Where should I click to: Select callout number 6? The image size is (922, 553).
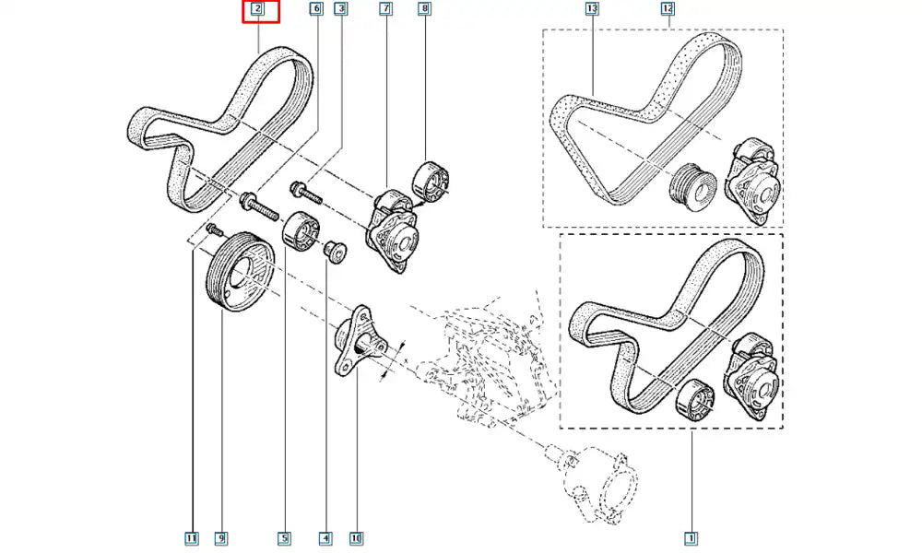click(x=316, y=10)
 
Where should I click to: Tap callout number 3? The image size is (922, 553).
click(x=341, y=10)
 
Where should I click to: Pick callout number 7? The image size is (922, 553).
click(x=385, y=10)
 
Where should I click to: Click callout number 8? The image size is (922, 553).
click(x=424, y=10)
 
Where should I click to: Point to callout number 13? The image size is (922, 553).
click(x=592, y=10)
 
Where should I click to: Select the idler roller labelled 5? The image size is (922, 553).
click(x=299, y=230)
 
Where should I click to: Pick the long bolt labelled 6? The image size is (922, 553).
click(x=260, y=205)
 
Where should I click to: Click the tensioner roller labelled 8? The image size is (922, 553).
click(x=430, y=179)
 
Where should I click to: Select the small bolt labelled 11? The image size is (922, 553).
click(x=216, y=228)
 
